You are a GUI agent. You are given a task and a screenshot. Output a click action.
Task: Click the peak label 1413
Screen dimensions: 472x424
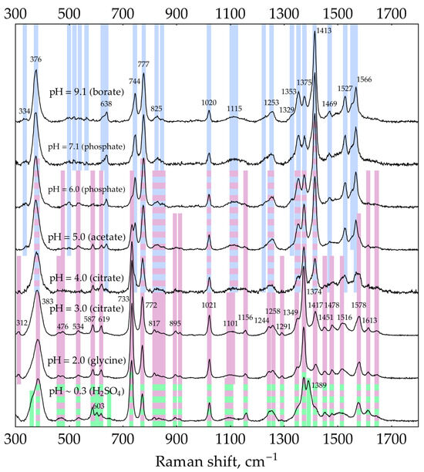point(323,31)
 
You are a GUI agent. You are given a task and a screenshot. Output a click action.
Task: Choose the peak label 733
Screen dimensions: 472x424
point(124,298)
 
